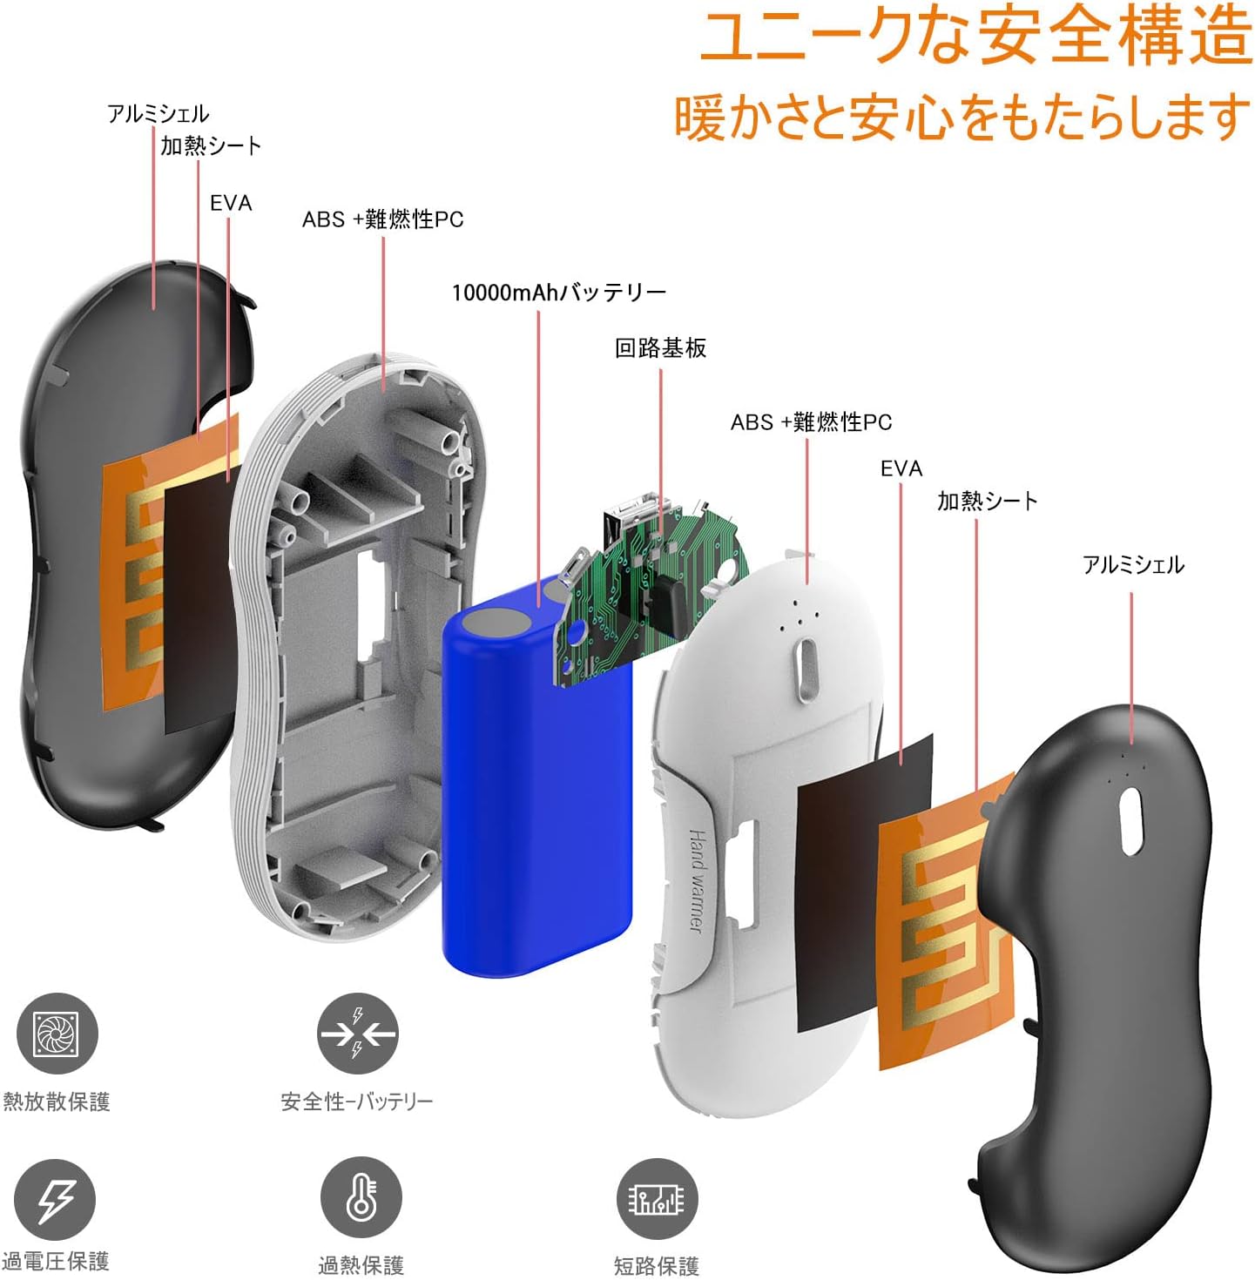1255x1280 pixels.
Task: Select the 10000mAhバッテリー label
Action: [558, 293]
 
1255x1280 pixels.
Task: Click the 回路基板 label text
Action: [660, 348]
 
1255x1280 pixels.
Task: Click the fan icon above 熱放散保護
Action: [57, 1034]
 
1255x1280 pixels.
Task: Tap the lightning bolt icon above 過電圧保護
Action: [55, 1200]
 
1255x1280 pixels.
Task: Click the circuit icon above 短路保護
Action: [657, 1199]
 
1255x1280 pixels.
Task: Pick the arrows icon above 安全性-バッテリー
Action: [357, 1034]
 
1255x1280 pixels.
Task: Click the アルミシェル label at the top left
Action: [158, 114]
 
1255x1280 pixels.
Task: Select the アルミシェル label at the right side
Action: [1133, 565]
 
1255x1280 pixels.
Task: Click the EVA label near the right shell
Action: [901, 468]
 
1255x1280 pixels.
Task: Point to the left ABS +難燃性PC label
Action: [382, 219]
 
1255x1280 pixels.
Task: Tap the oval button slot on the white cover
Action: [806, 669]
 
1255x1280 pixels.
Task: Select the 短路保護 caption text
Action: [656, 1265]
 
